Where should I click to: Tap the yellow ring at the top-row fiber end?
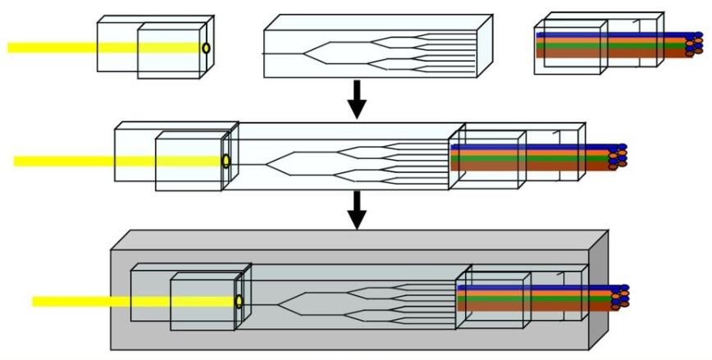[x=206, y=48]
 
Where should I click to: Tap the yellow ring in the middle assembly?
[x=226, y=161]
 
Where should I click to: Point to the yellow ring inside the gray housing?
[x=239, y=301]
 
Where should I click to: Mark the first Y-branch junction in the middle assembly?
[x=269, y=162]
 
